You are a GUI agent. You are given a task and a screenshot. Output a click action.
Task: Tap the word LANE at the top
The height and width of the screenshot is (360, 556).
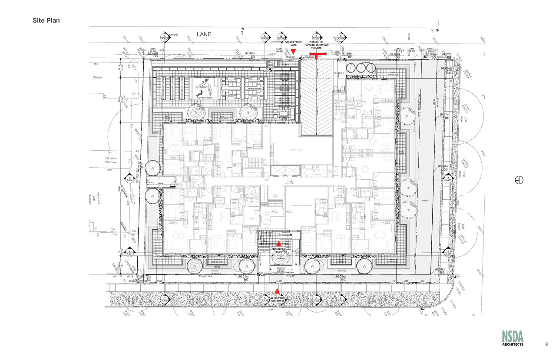204,34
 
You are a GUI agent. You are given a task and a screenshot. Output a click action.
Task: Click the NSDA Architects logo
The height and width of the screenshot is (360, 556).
513,338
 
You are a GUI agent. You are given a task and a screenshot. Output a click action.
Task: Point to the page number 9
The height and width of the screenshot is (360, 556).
546,344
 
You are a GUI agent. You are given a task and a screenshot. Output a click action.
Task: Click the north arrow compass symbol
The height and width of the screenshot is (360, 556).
519,180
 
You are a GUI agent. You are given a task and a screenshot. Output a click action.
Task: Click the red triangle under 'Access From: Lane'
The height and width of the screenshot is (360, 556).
293,52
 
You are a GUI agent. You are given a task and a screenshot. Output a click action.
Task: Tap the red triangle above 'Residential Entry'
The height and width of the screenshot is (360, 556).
279,244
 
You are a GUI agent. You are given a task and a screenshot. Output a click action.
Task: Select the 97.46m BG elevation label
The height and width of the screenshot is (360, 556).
250,55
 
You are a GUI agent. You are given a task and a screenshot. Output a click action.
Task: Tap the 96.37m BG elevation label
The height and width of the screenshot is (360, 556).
343,278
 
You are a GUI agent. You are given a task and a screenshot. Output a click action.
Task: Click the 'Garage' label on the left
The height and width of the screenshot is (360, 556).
97,77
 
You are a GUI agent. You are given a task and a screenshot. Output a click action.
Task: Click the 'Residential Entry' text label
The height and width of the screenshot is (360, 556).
279,250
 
